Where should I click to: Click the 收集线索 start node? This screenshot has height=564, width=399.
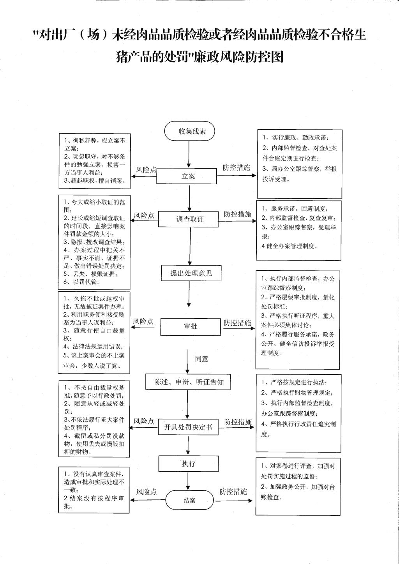click(x=189, y=131)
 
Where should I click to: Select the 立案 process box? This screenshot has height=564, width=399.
click(x=186, y=176)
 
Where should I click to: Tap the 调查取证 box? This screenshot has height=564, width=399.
click(x=188, y=219)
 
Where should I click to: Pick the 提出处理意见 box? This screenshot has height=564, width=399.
click(x=191, y=273)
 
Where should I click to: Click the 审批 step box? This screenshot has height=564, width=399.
click(x=191, y=327)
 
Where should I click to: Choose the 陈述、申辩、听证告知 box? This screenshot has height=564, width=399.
click(x=188, y=382)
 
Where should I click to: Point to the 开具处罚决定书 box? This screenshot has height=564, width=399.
click(x=188, y=427)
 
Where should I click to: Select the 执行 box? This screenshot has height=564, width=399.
click(x=189, y=464)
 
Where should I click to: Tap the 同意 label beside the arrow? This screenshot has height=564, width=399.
click(x=202, y=359)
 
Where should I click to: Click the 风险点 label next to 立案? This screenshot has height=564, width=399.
click(x=146, y=170)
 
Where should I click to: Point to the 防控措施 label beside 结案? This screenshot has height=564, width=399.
click(x=233, y=492)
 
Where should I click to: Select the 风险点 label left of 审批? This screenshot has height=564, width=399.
click(x=143, y=321)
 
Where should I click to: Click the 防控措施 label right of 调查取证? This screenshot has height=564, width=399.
click(x=238, y=214)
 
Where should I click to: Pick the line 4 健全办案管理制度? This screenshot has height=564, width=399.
click(x=290, y=246)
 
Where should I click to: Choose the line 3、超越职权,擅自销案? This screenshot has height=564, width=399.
click(x=95, y=180)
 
